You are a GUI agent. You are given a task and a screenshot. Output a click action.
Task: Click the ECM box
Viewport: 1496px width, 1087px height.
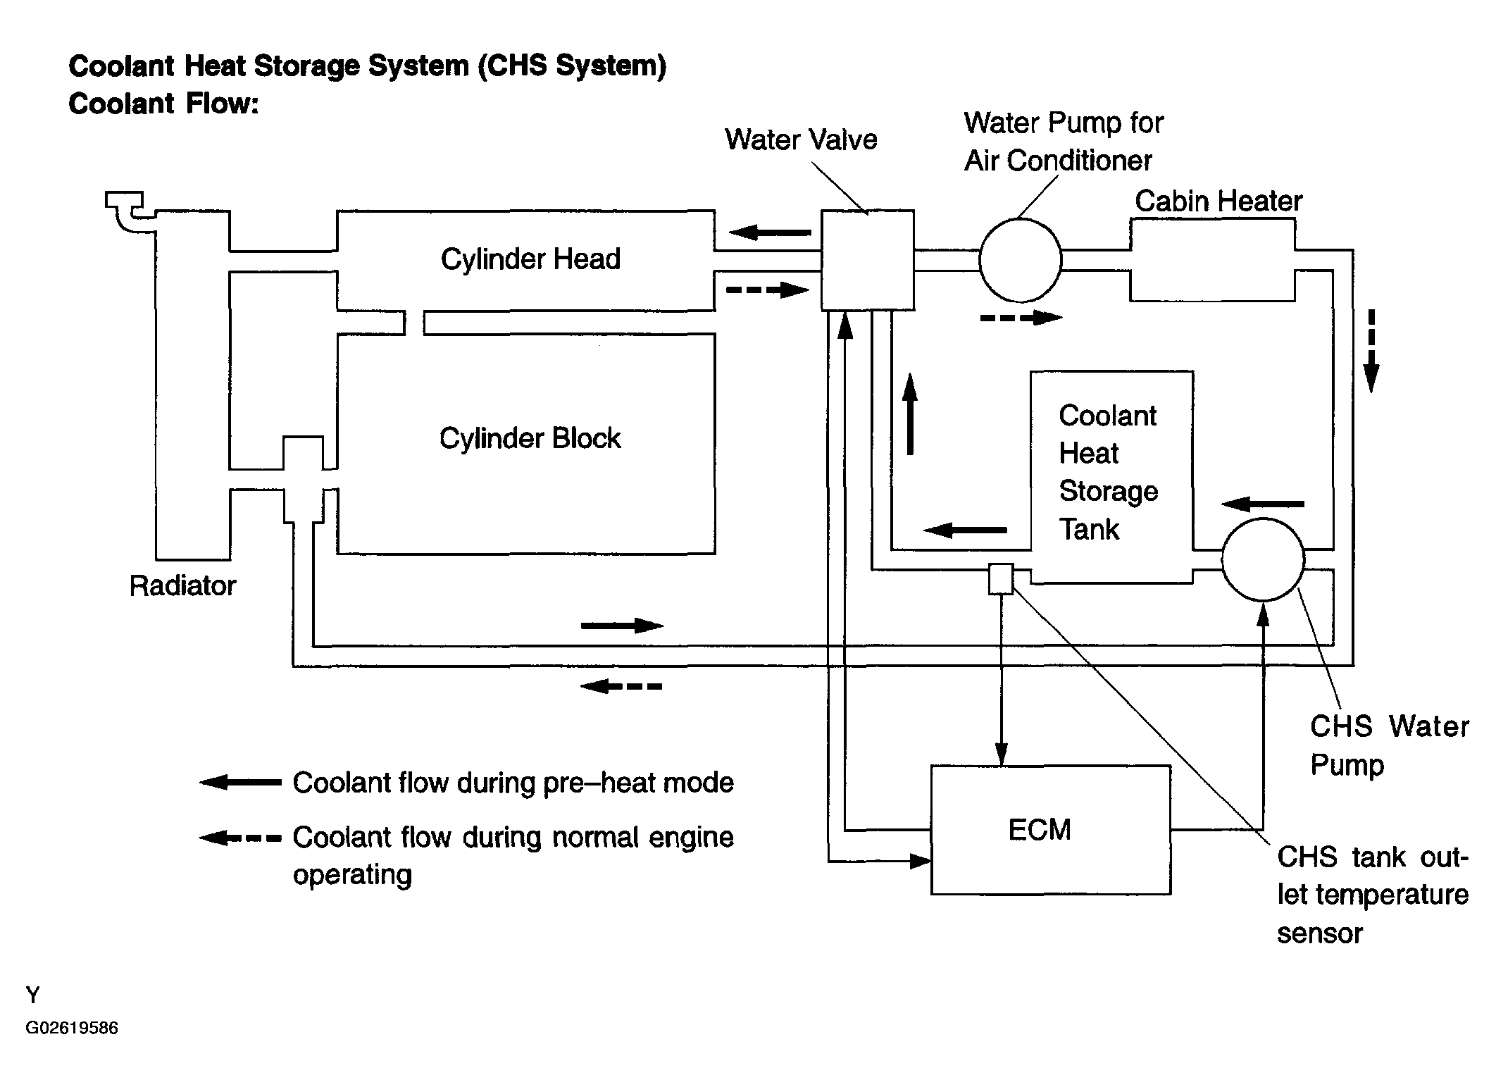click(x=1051, y=830)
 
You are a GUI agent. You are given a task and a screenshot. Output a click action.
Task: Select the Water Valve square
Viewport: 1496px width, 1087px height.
click(x=868, y=260)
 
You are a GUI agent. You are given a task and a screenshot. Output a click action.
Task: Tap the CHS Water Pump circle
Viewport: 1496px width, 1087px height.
click(x=1263, y=560)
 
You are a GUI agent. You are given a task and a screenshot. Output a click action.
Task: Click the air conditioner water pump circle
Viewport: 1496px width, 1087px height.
click(x=1020, y=260)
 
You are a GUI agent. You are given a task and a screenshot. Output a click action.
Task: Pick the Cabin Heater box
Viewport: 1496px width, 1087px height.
click(x=1212, y=260)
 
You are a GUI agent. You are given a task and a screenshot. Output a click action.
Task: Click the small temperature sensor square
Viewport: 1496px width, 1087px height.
click(x=1001, y=579)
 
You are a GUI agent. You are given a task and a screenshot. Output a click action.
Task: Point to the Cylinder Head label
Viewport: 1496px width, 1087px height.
click(x=530, y=259)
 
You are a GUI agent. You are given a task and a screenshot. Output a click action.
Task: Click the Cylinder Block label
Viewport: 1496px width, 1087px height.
click(x=530, y=438)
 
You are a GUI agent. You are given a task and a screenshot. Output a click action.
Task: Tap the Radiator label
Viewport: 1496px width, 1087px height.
click(x=182, y=586)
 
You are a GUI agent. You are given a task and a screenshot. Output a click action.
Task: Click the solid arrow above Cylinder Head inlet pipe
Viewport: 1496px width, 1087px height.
click(x=770, y=232)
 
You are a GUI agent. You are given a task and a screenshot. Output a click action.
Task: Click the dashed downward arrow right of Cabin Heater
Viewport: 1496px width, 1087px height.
click(x=1371, y=351)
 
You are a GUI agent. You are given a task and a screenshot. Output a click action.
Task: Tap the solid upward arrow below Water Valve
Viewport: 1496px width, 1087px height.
click(x=910, y=414)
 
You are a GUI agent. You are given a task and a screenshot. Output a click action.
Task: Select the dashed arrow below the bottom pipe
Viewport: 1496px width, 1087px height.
click(x=621, y=686)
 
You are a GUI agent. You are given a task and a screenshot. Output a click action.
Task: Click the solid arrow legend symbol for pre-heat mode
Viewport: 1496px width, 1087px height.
click(x=240, y=782)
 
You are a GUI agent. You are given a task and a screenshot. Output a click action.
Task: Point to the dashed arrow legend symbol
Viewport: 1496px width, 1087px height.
click(x=240, y=838)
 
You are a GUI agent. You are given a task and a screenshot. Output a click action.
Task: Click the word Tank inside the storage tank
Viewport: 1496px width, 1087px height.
click(x=1089, y=529)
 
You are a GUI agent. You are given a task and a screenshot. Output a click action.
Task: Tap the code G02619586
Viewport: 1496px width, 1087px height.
click(x=72, y=1028)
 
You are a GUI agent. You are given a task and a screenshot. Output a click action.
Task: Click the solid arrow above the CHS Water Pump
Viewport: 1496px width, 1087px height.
click(x=1263, y=504)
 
